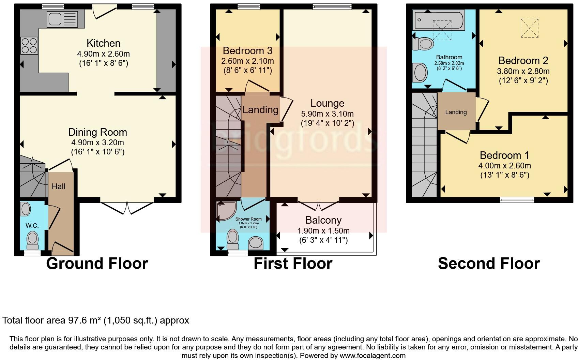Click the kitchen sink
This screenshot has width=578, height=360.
point(63,19)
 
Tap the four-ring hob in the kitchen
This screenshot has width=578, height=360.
point(29,46)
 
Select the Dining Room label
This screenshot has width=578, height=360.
point(97,132)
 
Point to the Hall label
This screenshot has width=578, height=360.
point(59,186)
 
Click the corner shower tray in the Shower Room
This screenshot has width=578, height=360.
point(225,210)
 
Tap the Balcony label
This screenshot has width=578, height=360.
point(323,220)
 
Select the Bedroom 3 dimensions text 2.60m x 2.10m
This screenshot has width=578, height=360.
point(247,61)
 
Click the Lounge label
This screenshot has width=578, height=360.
point(327,103)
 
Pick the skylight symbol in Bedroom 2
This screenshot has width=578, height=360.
point(529,28)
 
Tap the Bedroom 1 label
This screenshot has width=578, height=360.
point(504,155)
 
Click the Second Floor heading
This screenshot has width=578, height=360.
point(489,264)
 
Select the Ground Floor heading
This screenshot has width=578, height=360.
point(97,264)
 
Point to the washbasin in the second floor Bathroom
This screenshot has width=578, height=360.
point(420,72)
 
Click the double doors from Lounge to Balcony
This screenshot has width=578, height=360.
point(319,207)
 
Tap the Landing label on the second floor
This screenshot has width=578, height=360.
point(456,112)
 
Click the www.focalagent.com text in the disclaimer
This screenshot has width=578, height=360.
point(373,356)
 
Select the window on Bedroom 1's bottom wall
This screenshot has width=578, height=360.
point(517,200)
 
